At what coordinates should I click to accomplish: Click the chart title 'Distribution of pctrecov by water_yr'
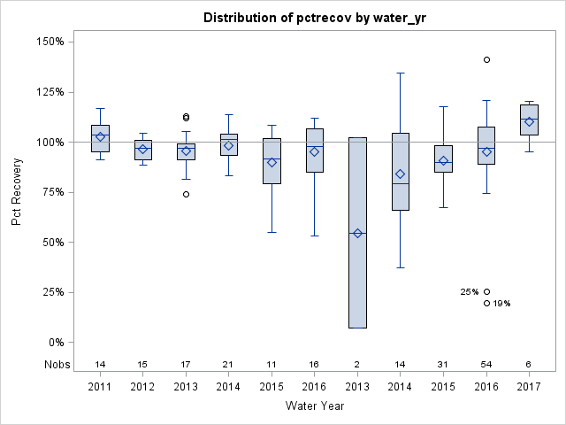[312, 18]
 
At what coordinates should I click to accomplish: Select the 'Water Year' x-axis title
[315, 406]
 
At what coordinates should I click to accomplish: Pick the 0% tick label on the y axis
[54, 343]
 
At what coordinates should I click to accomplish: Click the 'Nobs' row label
[55, 364]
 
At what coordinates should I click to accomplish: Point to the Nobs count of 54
[486, 365]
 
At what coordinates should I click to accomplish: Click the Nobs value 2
[357, 365]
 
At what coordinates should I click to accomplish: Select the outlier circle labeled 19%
[486, 303]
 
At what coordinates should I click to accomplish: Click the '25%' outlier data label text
[469, 292]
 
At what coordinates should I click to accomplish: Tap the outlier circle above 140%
[486, 59]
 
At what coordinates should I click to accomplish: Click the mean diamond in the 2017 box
[529, 121]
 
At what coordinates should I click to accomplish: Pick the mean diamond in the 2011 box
[100, 136]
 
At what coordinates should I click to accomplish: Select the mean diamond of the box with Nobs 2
[357, 234]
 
